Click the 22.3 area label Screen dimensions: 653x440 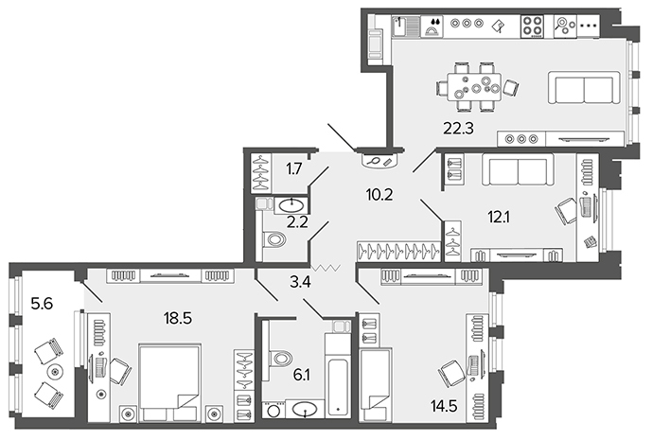pyautogui.click(x=458, y=129)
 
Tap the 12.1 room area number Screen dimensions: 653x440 pyautogui.click(x=499, y=217)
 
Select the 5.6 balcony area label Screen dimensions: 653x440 pyautogui.click(x=42, y=304)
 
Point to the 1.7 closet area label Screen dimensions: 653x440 pyautogui.click(x=294, y=169)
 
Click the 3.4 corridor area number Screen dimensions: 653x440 pyautogui.click(x=300, y=283)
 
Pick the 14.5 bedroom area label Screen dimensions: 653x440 pyautogui.click(x=444, y=405)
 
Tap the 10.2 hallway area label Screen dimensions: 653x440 pyautogui.click(x=379, y=194)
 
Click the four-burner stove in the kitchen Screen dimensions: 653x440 pyautogui.click(x=532, y=26)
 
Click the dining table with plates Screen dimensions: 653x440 pyautogui.click(x=474, y=87)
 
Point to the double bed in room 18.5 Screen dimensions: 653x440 pyautogui.click(x=170, y=382)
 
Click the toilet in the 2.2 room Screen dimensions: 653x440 pyautogui.click(x=274, y=239)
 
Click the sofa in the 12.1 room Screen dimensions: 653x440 pyautogui.click(x=518, y=169)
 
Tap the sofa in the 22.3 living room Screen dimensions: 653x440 pyautogui.click(x=584, y=88)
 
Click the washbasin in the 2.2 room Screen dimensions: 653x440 pyautogui.click(x=291, y=205)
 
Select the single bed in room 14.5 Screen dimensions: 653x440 pyautogui.click(x=375, y=385)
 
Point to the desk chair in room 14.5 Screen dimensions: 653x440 pyautogui.click(x=452, y=373)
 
